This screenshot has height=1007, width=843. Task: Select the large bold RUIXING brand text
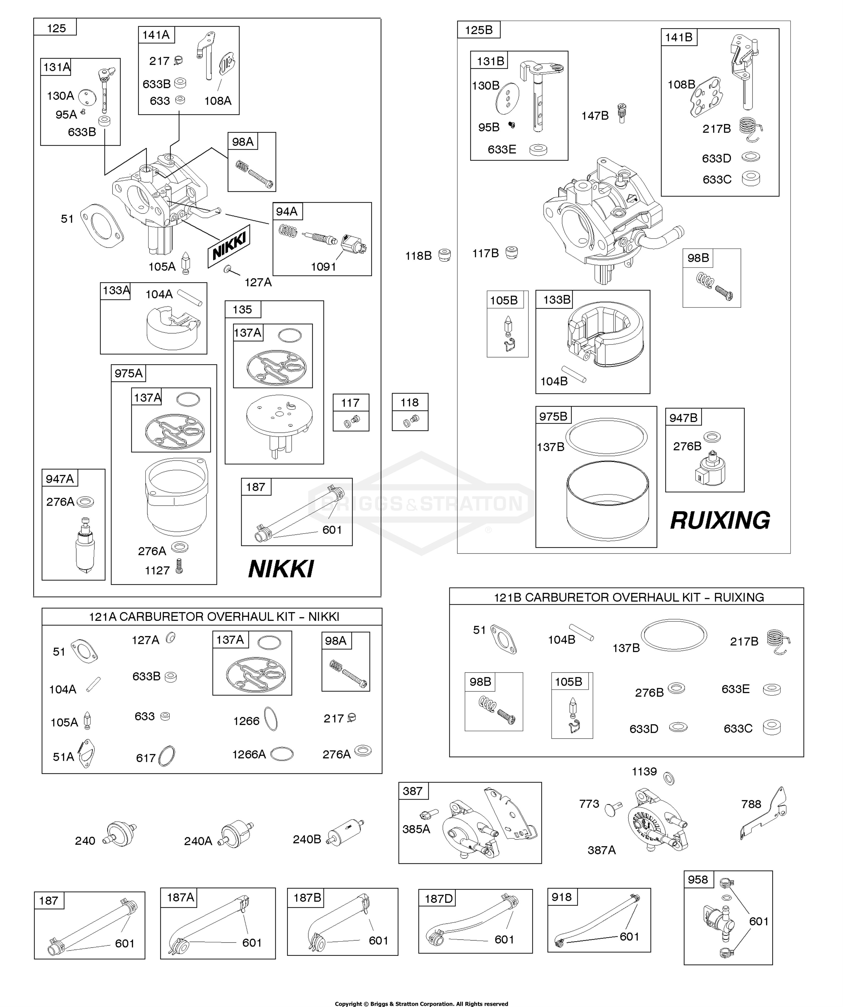(x=720, y=520)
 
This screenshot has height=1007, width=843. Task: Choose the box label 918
(x=561, y=897)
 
